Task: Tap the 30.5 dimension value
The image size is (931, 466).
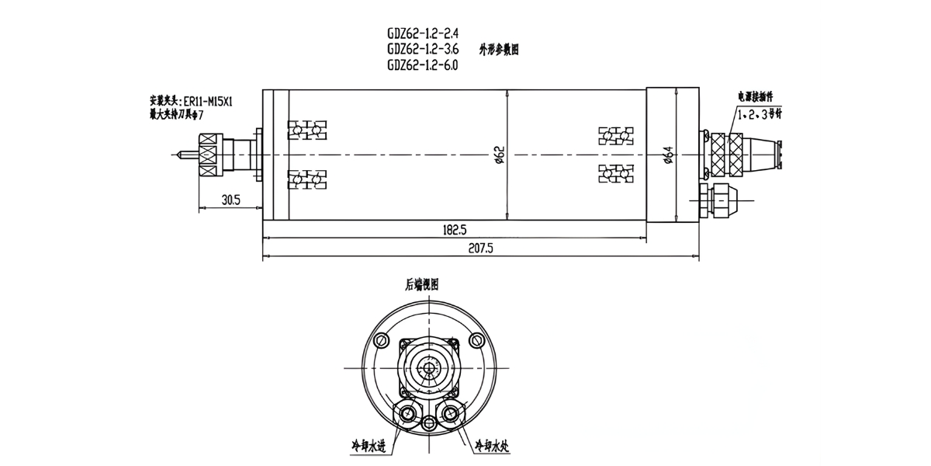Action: pyautogui.click(x=230, y=200)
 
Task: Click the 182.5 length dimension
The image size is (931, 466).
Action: pyautogui.click(x=454, y=230)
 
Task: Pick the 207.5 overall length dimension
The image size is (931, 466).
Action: pyautogui.click(x=481, y=249)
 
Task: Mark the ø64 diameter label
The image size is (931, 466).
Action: pyautogui.click(x=669, y=155)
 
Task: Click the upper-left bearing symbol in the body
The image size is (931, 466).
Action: pyautogui.click(x=306, y=130)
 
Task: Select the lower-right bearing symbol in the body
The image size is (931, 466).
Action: pyautogui.click(x=619, y=172)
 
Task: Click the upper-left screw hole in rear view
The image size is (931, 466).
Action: pyautogui.click(x=380, y=340)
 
